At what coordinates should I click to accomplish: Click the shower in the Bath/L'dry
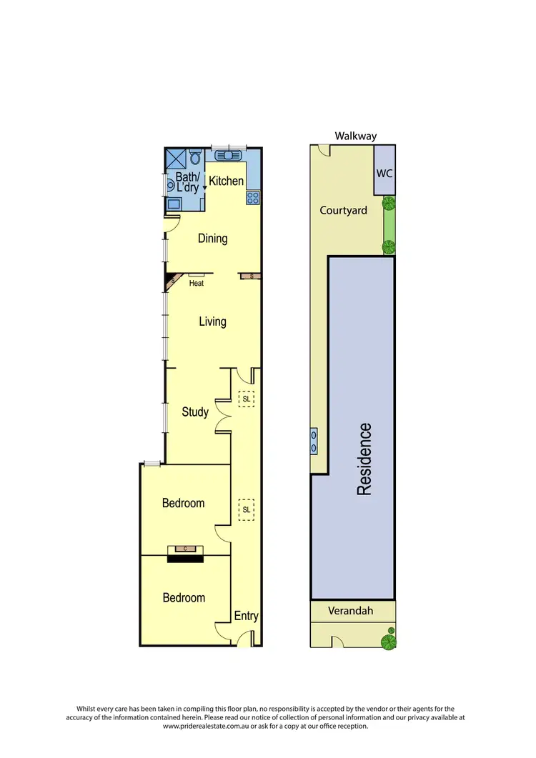(x=175, y=158)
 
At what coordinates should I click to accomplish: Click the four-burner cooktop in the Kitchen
(x=253, y=198)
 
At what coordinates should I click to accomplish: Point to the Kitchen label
(x=227, y=181)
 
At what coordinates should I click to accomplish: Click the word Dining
(x=212, y=239)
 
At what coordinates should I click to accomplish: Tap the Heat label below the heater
(x=197, y=284)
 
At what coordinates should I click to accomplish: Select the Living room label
(x=212, y=321)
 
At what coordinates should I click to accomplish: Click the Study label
(x=195, y=412)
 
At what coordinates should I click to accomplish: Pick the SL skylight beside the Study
(x=246, y=399)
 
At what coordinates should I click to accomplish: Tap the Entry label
(x=247, y=616)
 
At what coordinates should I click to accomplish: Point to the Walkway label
(x=355, y=136)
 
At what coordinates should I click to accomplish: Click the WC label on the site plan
(x=384, y=174)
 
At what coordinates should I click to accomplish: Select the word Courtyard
(x=343, y=210)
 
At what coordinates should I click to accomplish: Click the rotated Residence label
(x=364, y=459)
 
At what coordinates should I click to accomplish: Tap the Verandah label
(x=350, y=611)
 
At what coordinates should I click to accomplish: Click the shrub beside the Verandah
(x=389, y=639)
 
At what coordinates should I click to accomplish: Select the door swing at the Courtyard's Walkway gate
(x=324, y=150)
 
